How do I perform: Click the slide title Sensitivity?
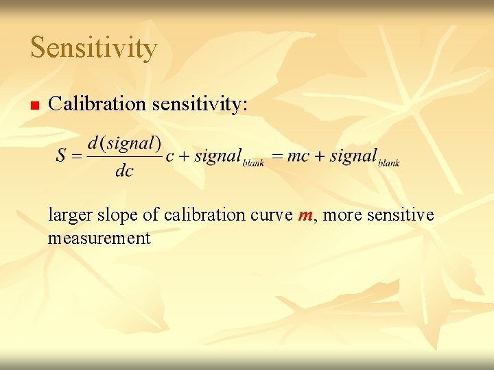tap(94, 48)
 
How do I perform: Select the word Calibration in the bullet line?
tap(97, 103)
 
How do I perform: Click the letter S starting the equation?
tap(61, 156)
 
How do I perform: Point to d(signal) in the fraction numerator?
tap(124, 143)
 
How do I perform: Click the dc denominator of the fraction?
tap(124, 171)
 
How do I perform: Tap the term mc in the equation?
tap(299, 156)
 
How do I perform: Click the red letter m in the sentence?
tap(305, 215)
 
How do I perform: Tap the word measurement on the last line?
tap(99, 238)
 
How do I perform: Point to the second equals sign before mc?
tap(277, 156)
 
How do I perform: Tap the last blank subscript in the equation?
tap(388, 163)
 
